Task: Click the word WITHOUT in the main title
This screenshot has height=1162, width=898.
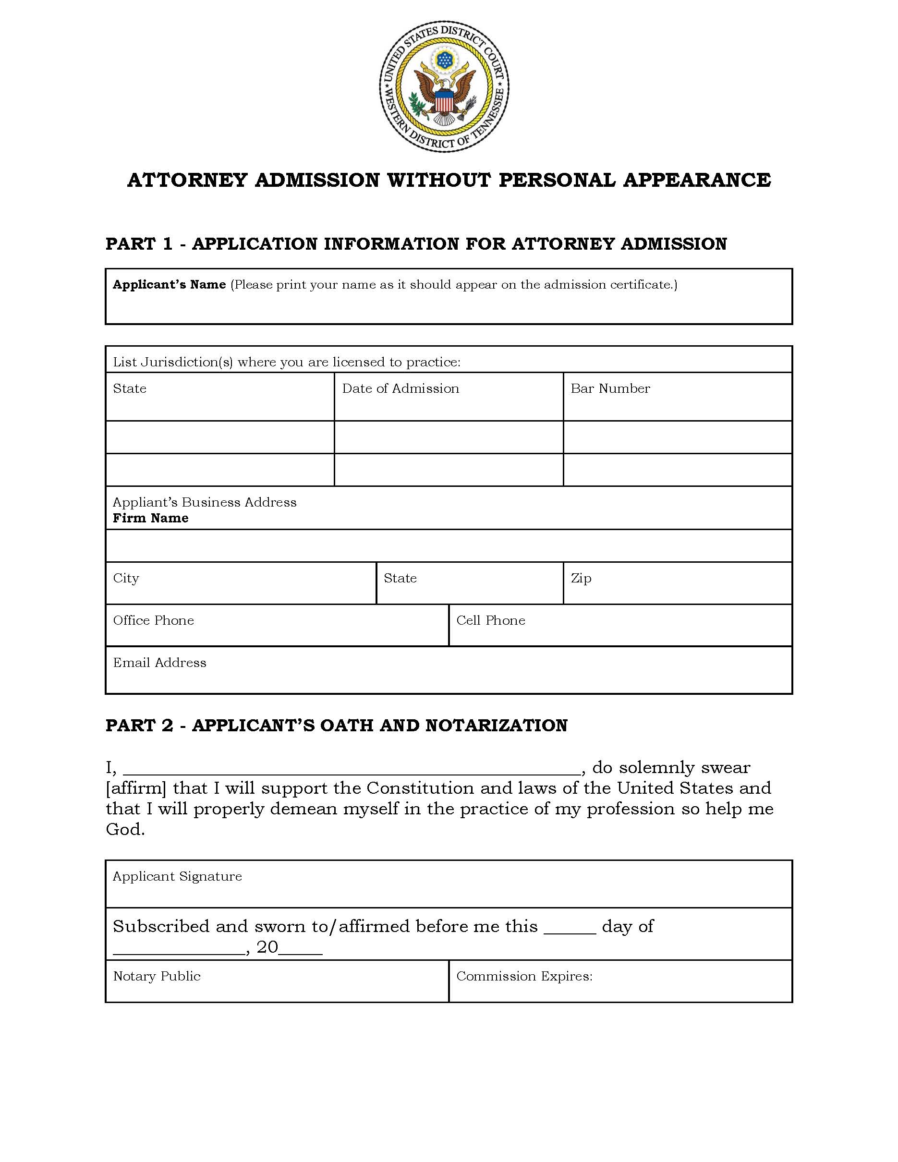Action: click(438, 180)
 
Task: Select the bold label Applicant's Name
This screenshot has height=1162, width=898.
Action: click(169, 285)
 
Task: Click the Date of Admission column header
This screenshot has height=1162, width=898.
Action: click(400, 388)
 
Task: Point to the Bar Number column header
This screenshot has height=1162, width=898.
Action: click(610, 388)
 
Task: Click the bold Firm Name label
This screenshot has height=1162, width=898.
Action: click(151, 518)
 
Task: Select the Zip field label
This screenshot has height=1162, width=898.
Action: click(581, 578)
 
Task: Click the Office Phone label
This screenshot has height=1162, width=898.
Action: click(153, 620)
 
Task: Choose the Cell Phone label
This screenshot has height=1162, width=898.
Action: click(490, 620)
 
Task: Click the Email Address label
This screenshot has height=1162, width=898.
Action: click(159, 663)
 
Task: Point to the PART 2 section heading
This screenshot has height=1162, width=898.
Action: click(336, 726)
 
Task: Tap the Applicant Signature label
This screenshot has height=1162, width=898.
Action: click(177, 876)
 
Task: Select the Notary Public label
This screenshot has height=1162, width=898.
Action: click(157, 976)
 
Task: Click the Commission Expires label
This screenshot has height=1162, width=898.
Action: click(524, 976)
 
